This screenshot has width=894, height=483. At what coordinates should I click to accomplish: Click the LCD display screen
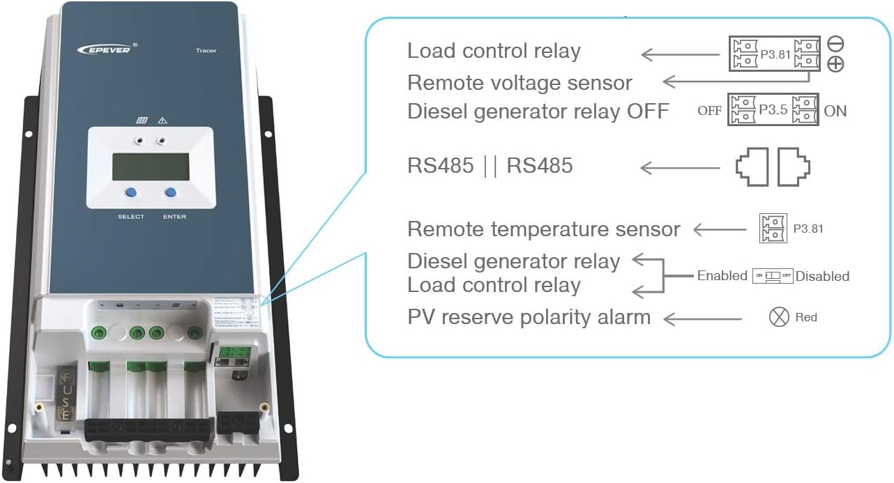click(150, 167)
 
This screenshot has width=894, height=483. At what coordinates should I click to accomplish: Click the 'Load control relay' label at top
click(494, 51)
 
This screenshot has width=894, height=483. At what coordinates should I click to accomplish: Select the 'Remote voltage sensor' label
click(520, 82)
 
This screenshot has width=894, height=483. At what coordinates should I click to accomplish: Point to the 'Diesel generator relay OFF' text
click(538, 111)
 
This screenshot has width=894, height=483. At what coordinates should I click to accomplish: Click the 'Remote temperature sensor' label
click(543, 229)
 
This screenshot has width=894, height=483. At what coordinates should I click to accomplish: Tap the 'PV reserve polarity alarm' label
click(529, 317)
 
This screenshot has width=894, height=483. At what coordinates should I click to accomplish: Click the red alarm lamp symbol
click(778, 317)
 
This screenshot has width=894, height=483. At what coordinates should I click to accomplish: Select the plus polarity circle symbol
click(835, 64)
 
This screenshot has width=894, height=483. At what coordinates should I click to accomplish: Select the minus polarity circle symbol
click(835, 43)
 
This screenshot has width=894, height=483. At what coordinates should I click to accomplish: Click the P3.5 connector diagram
click(773, 110)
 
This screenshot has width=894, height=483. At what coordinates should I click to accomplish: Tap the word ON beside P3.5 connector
click(835, 111)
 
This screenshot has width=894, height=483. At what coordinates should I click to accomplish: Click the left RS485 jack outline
click(751, 167)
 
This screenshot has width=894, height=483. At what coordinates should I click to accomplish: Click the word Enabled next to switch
click(722, 276)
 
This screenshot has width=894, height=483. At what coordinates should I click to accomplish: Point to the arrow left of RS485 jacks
click(680, 168)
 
